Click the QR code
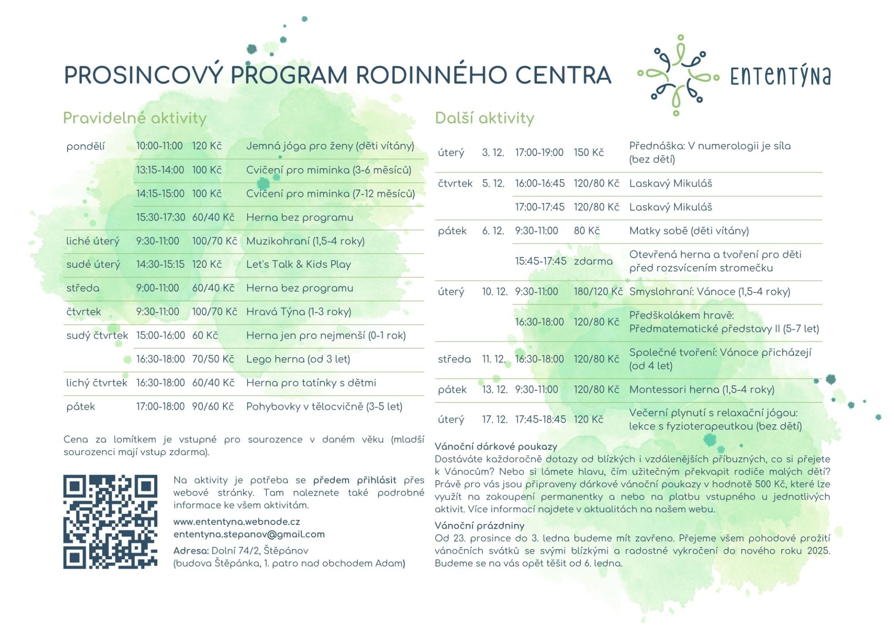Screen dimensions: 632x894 110,522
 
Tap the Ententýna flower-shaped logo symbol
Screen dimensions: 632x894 678,75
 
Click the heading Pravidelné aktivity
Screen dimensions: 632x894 135,118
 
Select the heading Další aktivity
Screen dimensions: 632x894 484,118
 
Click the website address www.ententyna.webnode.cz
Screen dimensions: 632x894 237,522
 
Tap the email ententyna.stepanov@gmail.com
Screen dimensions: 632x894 249,534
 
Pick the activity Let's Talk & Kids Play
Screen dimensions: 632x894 298,265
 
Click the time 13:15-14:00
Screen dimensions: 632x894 160,170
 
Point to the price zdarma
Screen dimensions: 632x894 593,261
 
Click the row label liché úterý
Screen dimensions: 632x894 93,241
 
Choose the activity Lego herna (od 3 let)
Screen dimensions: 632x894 298,359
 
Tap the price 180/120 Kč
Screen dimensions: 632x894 598,292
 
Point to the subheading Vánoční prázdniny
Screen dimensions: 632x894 479,525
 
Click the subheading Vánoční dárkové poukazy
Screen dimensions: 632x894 495,446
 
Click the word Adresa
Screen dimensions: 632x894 191,550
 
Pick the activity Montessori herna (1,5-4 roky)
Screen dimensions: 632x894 701,389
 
